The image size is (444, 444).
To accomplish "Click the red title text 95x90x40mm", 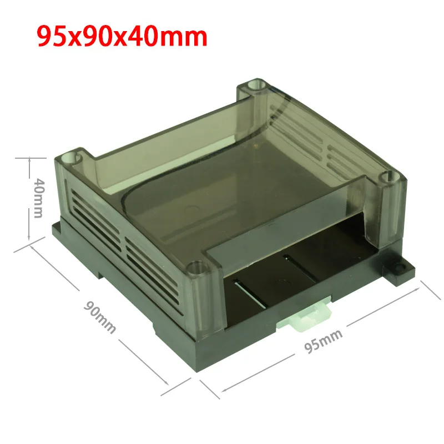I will click(122, 37).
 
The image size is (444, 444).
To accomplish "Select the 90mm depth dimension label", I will click(99, 317).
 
